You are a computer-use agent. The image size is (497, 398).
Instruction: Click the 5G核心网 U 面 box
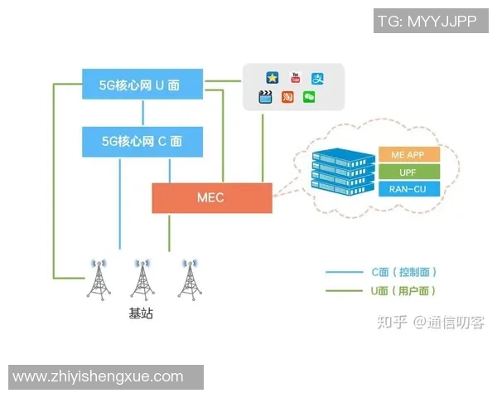(x=143, y=84)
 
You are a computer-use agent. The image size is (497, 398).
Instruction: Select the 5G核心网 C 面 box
(x=143, y=141)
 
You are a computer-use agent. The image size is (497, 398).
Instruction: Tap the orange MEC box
(x=211, y=197)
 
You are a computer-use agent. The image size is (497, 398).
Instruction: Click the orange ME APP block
(x=408, y=155)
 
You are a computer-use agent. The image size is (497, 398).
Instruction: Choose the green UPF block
(x=408, y=172)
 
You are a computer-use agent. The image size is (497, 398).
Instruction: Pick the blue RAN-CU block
(x=408, y=189)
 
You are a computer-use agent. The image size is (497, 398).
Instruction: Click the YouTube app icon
(x=293, y=78)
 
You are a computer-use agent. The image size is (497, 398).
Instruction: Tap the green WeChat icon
(x=309, y=97)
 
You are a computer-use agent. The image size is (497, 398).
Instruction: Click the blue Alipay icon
(x=317, y=78)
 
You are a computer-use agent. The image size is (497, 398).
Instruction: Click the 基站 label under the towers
(x=141, y=314)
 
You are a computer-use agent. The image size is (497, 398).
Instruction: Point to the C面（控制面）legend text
(x=403, y=272)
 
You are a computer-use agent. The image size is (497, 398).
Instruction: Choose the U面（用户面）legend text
(x=403, y=291)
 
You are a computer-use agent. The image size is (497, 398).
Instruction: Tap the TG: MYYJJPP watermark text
(x=427, y=22)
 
